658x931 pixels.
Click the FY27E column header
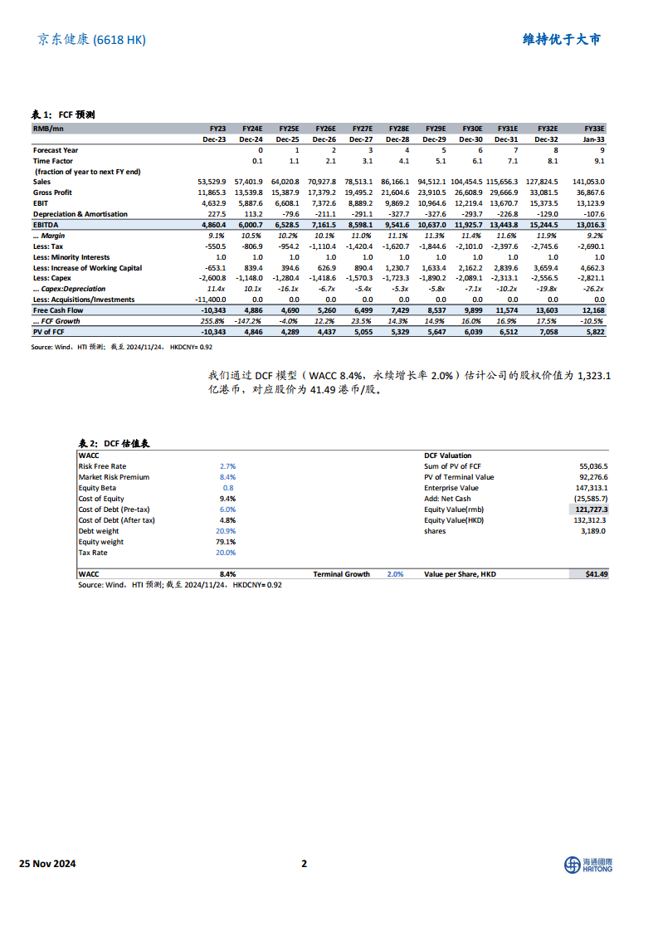click(362, 129)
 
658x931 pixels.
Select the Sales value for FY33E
click(589, 181)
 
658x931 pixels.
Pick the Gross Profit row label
click(52, 193)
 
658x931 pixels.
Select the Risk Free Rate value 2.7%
click(227, 466)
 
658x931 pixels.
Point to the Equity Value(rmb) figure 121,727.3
click(590, 509)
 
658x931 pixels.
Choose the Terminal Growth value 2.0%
click(395, 574)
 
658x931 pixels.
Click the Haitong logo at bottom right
click(587, 865)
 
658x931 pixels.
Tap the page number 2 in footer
click(304, 864)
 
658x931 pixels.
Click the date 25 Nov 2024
click(47, 864)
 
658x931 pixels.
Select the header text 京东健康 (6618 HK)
click(91, 39)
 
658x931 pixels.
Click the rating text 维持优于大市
click(562, 39)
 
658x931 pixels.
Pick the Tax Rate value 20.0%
click(226, 553)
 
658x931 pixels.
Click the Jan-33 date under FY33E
click(593, 139)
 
